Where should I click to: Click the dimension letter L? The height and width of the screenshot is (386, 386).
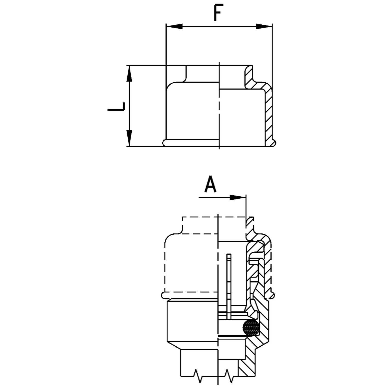(x=116, y=107)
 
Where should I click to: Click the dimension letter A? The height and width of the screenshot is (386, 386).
(x=210, y=184)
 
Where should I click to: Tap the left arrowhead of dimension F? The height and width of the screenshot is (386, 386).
(x=174, y=26)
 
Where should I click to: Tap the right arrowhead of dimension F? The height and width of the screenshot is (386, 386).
(x=264, y=26)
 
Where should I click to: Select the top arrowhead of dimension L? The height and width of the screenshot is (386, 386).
(x=129, y=74)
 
